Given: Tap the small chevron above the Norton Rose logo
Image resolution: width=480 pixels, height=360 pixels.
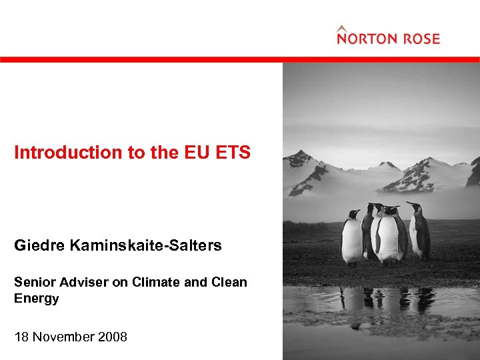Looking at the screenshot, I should pyautogui.click(x=342, y=28).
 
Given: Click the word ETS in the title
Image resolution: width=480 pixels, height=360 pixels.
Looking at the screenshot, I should pyautogui.click(x=233, y=153).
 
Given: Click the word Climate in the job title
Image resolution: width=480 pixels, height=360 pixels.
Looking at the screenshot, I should pyautogui.click(x=155, y=283).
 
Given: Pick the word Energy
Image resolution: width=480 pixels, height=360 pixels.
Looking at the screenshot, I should pyautogui.click(x=36, y=299).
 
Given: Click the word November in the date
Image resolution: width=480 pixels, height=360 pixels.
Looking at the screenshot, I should pyautogui.click(x=65, y=337).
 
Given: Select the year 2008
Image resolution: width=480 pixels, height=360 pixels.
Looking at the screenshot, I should pyautogui.click(x=111, y=337).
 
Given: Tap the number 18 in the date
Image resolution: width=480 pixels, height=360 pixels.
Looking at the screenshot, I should pyautogui.click(x=22, y=337).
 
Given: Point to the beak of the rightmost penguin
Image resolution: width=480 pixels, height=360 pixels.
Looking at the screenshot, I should pyautogui.click(x=409, y=204).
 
